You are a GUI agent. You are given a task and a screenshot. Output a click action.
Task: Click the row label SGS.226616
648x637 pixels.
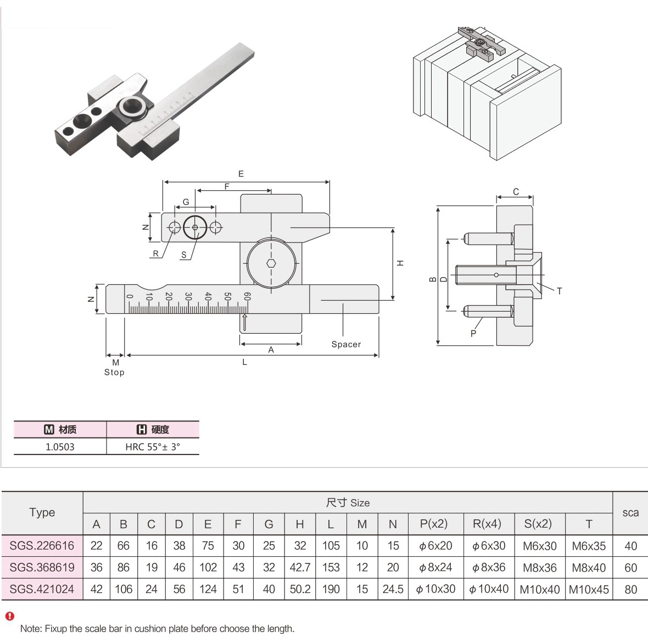click(x=42, y=546)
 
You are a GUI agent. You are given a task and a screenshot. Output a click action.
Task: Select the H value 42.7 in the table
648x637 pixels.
click(x=300, y=567)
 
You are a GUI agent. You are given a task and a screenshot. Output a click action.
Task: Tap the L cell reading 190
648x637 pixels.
click(x=331, y=589)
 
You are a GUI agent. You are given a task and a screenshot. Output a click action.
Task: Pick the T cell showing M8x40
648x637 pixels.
click(x=589, y=567)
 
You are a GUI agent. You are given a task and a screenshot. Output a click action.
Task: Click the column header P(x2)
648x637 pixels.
click(x=436, y=524)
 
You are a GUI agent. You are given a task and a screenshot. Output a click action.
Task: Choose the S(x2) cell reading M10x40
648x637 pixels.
click(x=539, y=590)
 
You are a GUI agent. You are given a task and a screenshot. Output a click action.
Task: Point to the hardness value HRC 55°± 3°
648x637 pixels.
click(x=153, y=447)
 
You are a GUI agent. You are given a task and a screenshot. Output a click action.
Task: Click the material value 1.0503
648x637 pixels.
click(x=60, y=447)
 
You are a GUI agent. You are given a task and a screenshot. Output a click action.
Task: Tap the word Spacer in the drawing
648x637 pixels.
click(x=346, y=345)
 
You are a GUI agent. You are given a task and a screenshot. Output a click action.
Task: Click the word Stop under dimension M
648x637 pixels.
click(x=114, y=372)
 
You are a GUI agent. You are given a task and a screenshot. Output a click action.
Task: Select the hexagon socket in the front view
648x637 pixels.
click(x=271, y=263)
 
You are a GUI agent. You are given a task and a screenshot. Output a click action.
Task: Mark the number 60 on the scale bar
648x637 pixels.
click(x=247, y=296)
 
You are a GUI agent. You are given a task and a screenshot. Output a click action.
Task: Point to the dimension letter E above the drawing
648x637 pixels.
click(x=241, y=174)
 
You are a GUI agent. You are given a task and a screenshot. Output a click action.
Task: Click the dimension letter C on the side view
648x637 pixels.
click(x=516, y=192)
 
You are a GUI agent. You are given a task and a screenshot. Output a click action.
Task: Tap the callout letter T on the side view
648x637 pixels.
click(x=559, y=291)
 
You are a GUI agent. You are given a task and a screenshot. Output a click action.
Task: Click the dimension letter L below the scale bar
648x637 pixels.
click(x=244, y=362)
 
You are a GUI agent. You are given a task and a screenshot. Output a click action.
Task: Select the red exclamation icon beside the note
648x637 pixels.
click(x=9, y=616)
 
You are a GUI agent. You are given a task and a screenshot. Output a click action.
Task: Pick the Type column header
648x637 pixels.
click(x=42, y=512)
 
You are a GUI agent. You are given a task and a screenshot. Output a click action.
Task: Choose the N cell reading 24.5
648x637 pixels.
click(x=393, y=589)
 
